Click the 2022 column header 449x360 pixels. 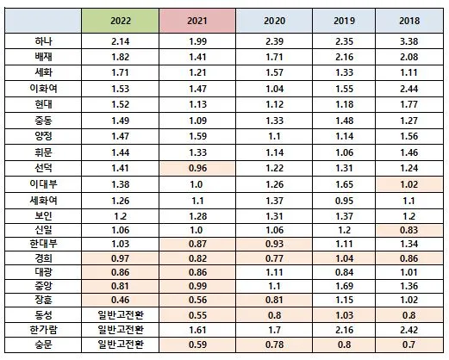coord(122,20)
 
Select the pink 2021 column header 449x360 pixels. coord(200,20)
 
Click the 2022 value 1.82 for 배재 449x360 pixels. coord(122,57)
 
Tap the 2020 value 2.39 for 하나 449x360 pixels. coord(273,41)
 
